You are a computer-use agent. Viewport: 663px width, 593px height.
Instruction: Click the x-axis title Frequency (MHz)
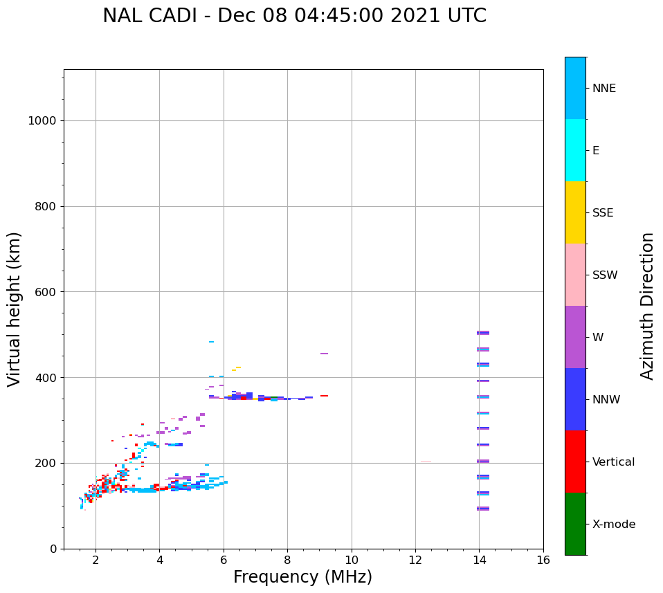(x=302, y=577)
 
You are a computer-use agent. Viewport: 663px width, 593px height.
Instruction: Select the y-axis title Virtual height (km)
(x=15, y=309)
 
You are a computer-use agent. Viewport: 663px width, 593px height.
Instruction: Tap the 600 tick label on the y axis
(x=46, y=292)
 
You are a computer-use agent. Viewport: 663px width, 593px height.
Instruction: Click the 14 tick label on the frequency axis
(x=479, y=560)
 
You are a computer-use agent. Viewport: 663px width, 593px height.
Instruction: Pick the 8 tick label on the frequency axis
(x=287, y=560)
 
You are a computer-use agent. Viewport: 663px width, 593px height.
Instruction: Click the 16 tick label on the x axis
(x=543, y=560)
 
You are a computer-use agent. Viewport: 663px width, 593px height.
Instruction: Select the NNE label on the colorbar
(x=603, y=89)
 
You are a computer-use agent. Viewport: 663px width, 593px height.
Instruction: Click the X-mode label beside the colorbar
(x=613, y=524)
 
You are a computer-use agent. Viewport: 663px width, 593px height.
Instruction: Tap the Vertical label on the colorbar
(x=613, y=462)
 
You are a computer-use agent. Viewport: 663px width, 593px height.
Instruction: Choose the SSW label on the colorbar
(x=605, y=275)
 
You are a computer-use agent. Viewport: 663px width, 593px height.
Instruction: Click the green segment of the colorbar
(x=575, y=524)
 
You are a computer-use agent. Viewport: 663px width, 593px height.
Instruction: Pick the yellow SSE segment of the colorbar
(x=575, y=212)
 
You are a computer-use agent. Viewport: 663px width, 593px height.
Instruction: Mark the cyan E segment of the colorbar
(x=575, y=150)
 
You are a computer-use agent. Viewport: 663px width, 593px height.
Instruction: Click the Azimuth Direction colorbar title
(x=647, y=306)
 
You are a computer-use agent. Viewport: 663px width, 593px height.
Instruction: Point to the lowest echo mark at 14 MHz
(x=483, y=509)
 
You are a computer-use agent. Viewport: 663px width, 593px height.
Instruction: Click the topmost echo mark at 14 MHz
(x=483, y=333)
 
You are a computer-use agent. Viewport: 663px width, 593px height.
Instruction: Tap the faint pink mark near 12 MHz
(x=426, y=462)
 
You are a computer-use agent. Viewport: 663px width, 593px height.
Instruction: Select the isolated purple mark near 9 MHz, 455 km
(x=324, y=354)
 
